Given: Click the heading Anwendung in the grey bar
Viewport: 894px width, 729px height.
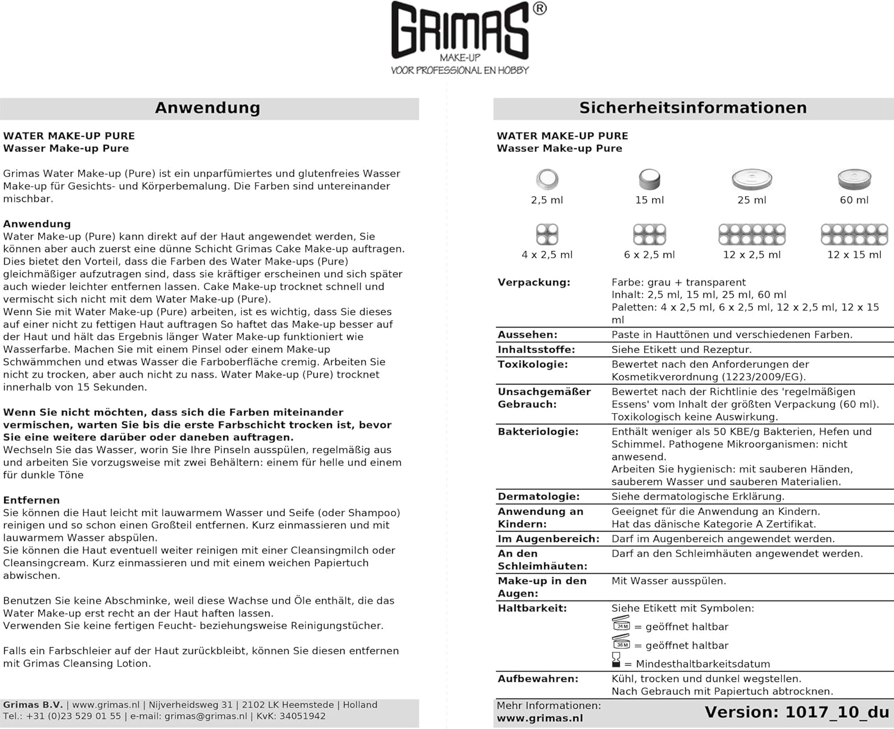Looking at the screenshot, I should click(x=207, y=108).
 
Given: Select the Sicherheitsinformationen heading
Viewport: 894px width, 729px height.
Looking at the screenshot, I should click(x=693, y=108).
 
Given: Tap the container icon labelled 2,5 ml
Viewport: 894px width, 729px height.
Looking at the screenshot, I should click(x=547, y=179).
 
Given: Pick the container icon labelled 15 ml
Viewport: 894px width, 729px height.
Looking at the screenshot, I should click(x=649, y=179).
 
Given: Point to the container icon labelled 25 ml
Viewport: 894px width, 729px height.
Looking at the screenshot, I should click(x=752, y=179).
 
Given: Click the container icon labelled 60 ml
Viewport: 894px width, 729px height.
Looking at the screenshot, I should click(x=854, y=179).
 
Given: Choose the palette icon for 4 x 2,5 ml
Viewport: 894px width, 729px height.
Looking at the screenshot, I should click(x=547, y=234).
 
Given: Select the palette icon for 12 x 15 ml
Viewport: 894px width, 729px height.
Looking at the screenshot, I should click(x=854, y=234).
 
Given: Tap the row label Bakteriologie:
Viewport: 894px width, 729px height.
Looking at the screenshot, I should click(x=538, y=432).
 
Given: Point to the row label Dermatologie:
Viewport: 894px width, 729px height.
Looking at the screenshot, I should click(x=538, y=497).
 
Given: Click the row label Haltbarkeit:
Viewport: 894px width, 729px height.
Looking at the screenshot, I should click(x=532, y=608).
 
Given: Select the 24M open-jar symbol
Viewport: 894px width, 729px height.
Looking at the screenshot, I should click(x=621, y=624).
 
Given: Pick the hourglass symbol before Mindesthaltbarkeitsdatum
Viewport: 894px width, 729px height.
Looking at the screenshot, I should click(x=616, y=660).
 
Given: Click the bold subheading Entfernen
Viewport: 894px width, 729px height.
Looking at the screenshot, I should click(x=31, y=500).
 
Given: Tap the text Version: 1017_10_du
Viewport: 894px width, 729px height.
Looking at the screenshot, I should click(x=797, y=712).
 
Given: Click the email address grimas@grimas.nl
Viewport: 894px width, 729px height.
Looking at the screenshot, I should click(x=206, y=716).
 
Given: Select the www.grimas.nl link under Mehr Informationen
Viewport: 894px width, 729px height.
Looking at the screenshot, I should click(x=540, y=718).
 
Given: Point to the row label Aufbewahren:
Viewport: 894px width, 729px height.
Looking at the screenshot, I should click(x=538, y=678).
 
